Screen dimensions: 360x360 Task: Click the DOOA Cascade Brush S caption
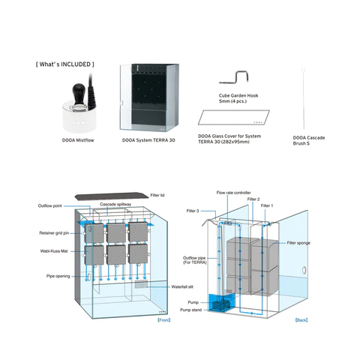310,139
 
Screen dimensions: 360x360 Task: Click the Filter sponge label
299,243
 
